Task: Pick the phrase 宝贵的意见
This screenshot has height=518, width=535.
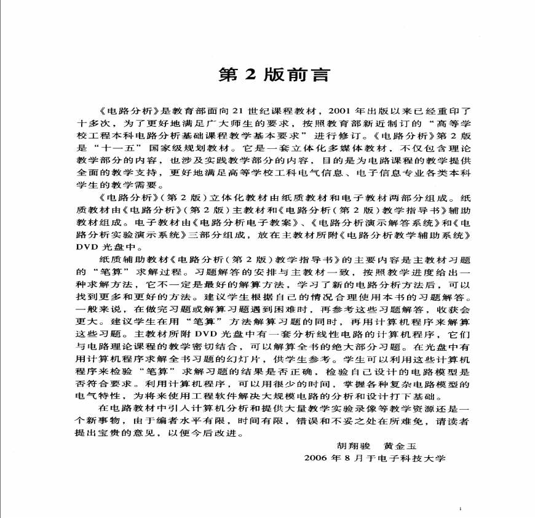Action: [130, 434]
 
